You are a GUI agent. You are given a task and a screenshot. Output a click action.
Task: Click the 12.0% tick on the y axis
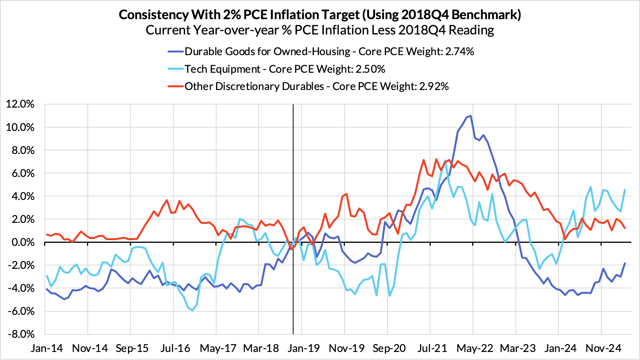pos(20,104)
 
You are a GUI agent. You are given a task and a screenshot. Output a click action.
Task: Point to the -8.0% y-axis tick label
pos(20,334)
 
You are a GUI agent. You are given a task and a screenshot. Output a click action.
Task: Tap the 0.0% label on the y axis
pos(22,242)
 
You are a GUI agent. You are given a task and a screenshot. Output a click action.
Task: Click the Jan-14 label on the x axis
pos(47,348)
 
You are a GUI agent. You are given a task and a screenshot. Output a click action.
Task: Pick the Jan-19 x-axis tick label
pos(304,348)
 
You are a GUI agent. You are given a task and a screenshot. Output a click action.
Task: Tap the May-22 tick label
pos(475,348)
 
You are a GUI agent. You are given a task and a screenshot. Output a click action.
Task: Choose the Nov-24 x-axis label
pos(603,348)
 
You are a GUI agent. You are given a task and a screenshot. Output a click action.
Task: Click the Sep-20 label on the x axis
pos(389,348)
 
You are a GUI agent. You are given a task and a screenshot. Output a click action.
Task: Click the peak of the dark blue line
pos(471,116)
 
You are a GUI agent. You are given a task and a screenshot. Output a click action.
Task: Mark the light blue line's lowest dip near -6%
pos(192,311)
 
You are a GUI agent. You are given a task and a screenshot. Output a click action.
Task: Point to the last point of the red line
pos(625,228)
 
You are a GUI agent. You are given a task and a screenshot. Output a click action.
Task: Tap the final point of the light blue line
pos(625,190)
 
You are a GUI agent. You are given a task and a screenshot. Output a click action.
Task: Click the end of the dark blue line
pos(625,263)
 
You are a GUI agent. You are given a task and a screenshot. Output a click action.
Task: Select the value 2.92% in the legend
pos(434,87)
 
